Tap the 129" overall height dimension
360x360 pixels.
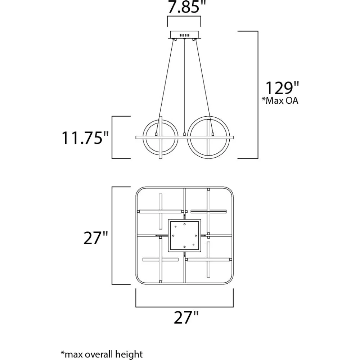(282, 88)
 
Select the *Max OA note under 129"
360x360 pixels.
(280, 100)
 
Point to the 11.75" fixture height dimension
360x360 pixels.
(85, 138)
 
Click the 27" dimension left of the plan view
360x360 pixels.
(95, 238)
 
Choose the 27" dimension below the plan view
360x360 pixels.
(186, 317)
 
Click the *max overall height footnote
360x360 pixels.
(102, 354)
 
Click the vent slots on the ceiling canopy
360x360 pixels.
(184, 35)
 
